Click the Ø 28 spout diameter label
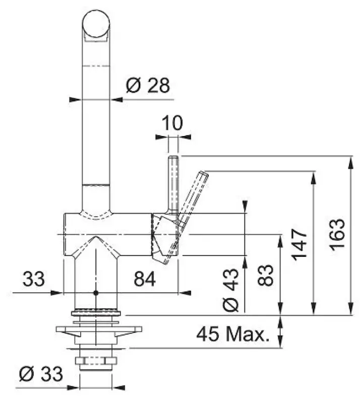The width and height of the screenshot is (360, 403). coord(147,86)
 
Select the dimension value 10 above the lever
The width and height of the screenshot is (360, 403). coord(173,122)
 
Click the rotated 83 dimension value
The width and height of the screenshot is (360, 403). coord(267,275)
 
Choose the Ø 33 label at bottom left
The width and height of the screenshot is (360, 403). coord(40,374)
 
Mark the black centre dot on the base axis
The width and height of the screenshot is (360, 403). coord(95,293)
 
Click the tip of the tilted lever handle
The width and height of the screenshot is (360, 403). coord(204,174)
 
